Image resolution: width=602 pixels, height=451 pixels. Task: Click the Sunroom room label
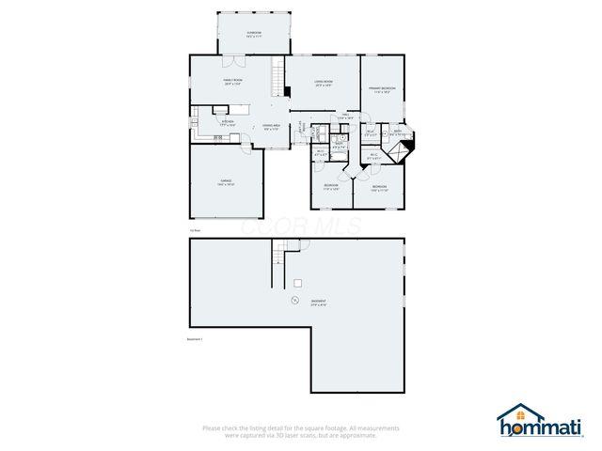pos(254,35)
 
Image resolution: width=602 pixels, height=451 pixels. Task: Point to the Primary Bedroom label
pos(383,89)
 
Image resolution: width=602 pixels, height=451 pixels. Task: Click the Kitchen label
pos(228,123)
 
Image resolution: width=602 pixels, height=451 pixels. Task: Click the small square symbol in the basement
pos(297,283)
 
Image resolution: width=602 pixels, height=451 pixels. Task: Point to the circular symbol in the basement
pos(294,301)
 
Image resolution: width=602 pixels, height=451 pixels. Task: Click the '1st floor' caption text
pos(195,228)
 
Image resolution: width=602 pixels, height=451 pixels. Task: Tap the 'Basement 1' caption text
pos(197,339)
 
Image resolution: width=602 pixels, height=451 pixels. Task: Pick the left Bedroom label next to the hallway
pos(331,186)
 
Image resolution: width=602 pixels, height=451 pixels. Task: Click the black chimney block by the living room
pos(286,91)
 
